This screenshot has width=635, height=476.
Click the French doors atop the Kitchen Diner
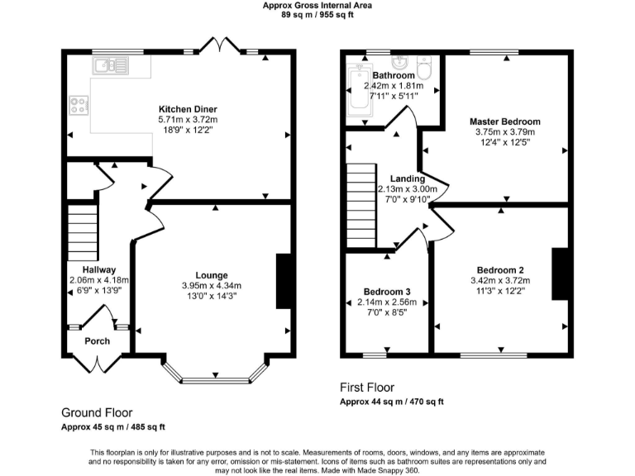[x=219, y=45]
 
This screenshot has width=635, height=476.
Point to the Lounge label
[x=212, y=275]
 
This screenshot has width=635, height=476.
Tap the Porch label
[x=98, y=340]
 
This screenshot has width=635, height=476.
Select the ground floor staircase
[x=83, y=233]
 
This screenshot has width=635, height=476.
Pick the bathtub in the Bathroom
[x=358, y=88]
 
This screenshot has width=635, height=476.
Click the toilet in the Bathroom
[x=426, y=65]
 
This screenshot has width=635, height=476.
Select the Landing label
[x=407, y=178]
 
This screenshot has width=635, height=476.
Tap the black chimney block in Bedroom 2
[x=559, y=272]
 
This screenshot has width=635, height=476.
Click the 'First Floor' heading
[x=367, y=387]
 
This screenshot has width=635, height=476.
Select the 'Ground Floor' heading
[x=97, y=412]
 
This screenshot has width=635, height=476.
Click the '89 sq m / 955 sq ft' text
[x=317, y=13]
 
